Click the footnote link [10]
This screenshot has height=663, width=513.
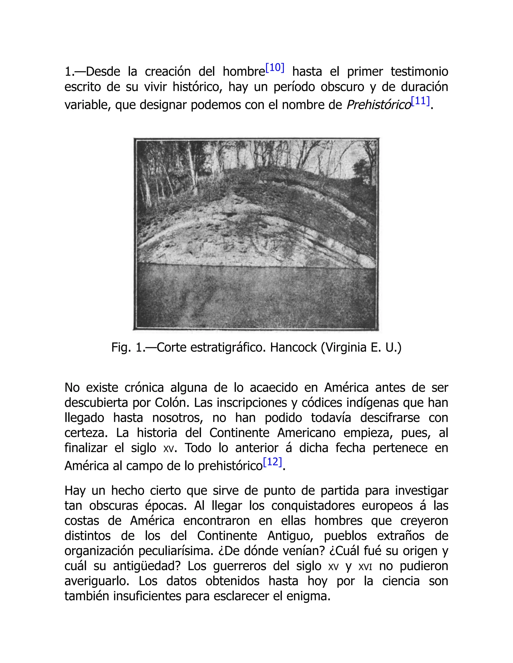(x=275, y=68)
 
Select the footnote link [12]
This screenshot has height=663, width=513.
(x=273, y=462)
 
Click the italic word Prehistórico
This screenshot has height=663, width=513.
(x=379, y=105)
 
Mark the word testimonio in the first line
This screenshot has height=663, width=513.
(x=419, y=72)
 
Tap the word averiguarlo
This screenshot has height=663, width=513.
(x=97, y=581)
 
